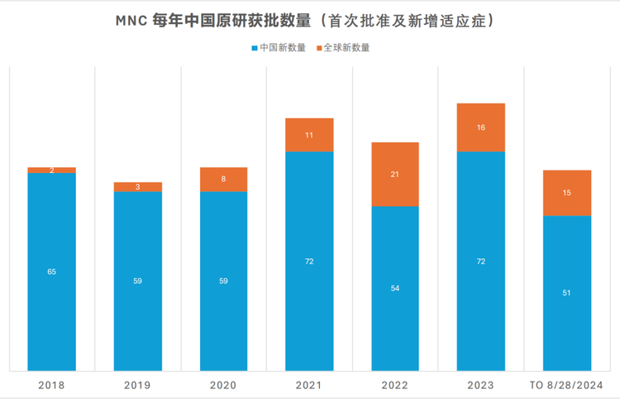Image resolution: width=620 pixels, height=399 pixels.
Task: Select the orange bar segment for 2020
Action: (223, 180)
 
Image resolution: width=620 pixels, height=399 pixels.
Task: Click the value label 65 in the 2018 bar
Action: (51, 272)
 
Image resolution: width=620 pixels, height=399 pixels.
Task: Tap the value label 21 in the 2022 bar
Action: (395, 175)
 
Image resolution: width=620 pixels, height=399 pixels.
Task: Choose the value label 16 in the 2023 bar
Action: (480, 127)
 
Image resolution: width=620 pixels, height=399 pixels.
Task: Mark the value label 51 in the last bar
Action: (566, 293)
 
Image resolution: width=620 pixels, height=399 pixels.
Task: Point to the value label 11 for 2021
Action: (309, 135)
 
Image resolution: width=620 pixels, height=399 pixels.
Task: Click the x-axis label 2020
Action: (223, 385)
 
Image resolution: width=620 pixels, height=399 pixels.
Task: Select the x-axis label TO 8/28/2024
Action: (566, 385)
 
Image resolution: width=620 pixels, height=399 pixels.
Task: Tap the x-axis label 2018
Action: (51, 385)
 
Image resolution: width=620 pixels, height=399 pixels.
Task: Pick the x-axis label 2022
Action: (395, 385)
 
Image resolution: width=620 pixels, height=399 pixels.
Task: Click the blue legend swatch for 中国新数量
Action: (254, 48)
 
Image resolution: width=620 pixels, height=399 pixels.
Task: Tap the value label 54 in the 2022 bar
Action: (395, 288)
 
